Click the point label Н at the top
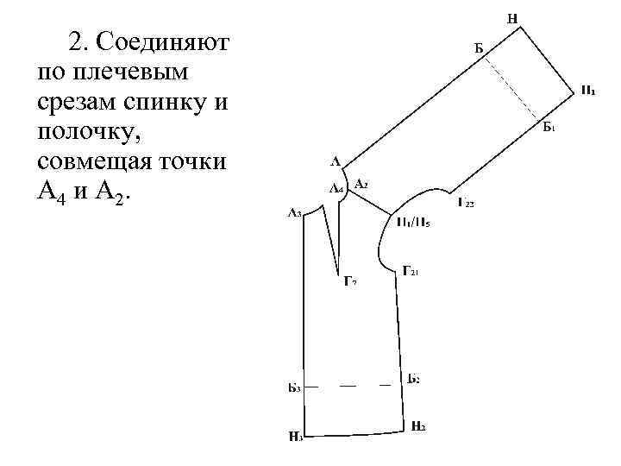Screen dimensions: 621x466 coord(512,16)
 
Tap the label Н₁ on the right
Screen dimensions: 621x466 coord(586,90)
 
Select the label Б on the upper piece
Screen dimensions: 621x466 coord(479,47)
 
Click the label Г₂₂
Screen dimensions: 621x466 coord(466,204)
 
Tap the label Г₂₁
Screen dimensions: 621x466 coord(411,271)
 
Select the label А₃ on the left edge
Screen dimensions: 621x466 coord(295,212)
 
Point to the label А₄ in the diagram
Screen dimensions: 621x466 coord(336,188)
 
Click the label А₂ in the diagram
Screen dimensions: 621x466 coord(361,184)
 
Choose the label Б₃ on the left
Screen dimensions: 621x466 coord(294,387)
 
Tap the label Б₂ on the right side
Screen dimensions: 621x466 coord(413,380)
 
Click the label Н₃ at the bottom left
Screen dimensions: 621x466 coord(295,437)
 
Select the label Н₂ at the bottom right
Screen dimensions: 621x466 coord(418,425)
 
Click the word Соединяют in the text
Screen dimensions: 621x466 coord(161,41)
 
